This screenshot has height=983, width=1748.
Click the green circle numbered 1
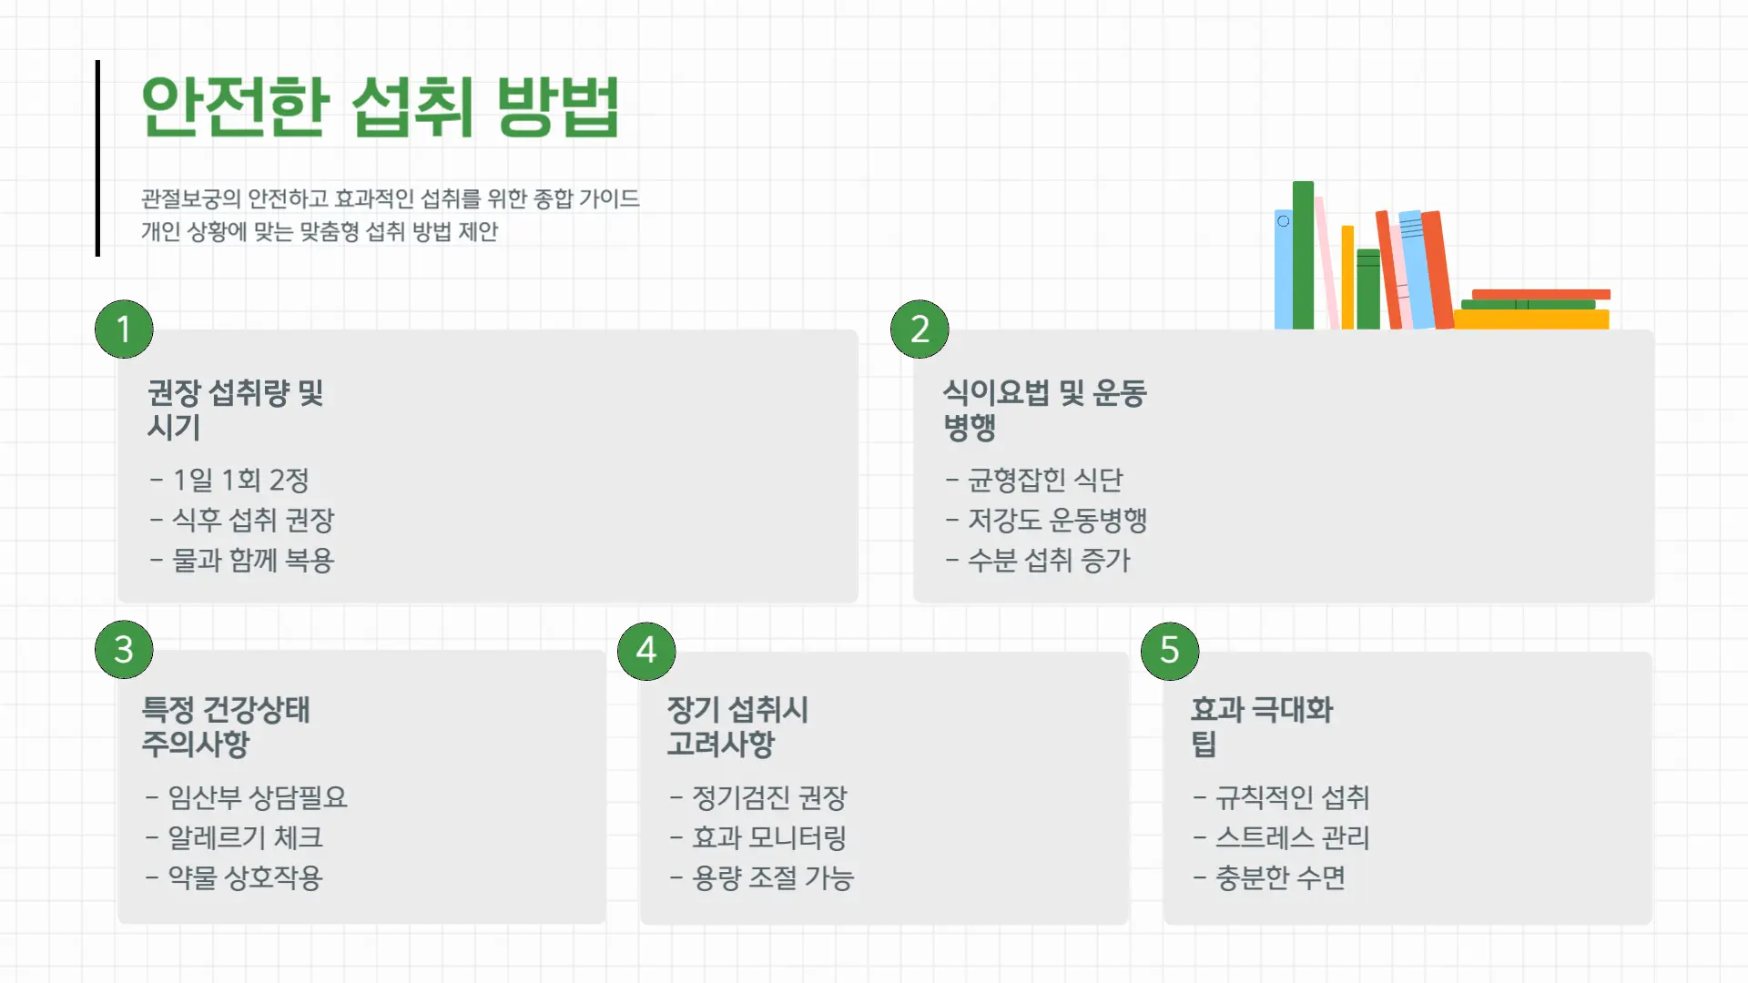coord(124,329)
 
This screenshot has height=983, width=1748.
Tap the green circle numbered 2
coord(920,329)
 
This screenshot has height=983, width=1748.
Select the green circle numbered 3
coord(124,650)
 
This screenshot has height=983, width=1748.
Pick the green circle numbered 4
coord(646,651)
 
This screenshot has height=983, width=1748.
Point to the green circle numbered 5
coord(1170,651)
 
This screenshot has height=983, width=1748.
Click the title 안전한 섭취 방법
coord(381,106)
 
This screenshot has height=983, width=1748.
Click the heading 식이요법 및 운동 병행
coord(1044,410)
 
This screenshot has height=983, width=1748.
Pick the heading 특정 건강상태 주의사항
coord(226,726)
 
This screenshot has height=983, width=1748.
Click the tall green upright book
coord(1303,255)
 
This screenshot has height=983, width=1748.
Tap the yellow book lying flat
coord(1531,319)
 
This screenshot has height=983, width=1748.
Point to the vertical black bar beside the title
coord(97,158)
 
